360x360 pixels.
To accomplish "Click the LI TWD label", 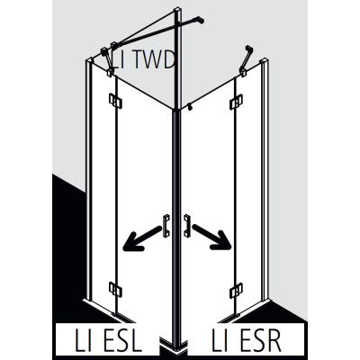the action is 143,60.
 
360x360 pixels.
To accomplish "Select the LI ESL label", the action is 108,340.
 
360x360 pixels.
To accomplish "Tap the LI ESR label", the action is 247,340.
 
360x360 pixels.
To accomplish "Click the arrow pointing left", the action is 142,238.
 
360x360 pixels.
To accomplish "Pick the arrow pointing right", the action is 212,237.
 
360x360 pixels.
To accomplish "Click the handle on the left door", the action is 166,226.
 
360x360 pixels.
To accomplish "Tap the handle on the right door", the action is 187,226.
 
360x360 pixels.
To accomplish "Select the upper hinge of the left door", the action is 115,101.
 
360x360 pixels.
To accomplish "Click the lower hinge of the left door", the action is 115,289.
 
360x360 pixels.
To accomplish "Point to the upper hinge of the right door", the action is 236,102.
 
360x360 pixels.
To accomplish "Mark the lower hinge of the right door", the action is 236,291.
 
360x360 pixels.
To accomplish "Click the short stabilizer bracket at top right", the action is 246,60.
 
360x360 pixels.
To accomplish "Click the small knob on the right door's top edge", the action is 189,107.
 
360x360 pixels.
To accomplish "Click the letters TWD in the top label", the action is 152,60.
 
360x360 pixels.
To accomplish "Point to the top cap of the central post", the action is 178,12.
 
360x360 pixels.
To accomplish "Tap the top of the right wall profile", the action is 265,61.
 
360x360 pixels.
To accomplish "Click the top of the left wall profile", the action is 89,60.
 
